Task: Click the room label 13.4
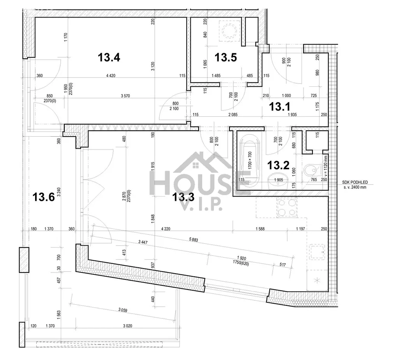109,57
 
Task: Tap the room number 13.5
226,57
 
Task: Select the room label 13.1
280,107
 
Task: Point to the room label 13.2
278,165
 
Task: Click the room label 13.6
44,197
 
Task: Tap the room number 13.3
184,197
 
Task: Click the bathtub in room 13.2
250,161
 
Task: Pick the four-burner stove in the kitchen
287,207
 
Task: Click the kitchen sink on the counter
317,252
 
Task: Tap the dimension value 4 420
111,76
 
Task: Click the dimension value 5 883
194,239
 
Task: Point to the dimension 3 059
123,310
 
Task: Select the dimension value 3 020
127,326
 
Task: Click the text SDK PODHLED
355,183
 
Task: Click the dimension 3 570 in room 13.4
125,96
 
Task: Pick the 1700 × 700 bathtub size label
250,160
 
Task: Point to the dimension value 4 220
166,229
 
